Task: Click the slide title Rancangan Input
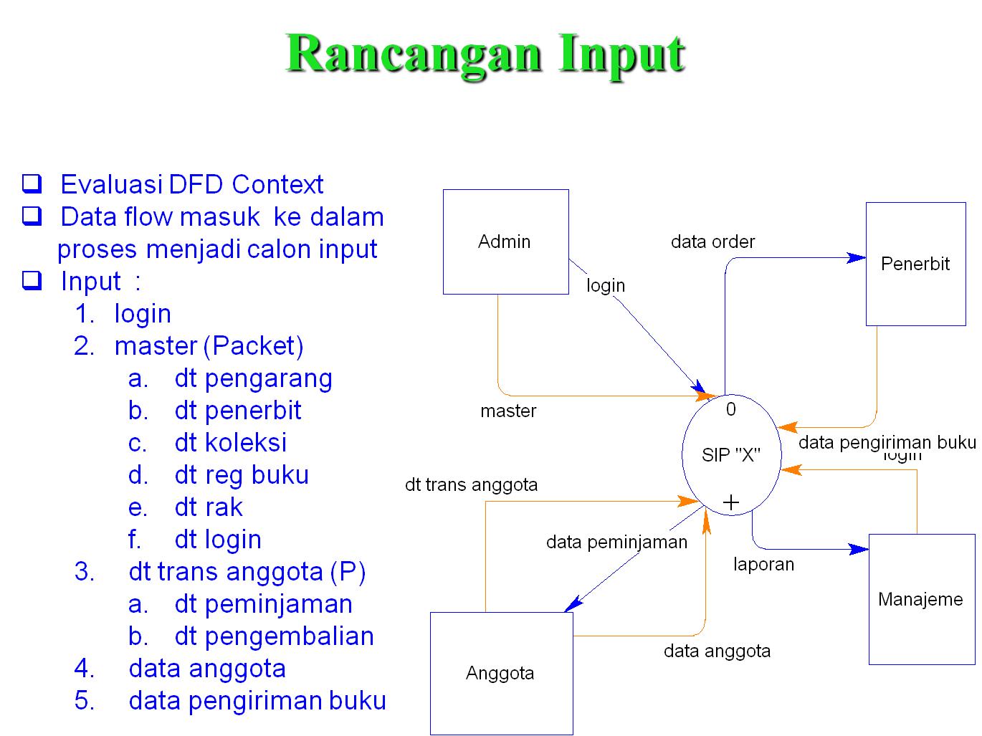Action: click(486, 54)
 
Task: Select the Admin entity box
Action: click(505, 242)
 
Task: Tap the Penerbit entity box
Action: click(915, 264)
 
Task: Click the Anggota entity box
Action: click(500, 673)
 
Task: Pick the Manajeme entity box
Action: click(921, 599)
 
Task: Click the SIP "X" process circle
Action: click(730, 454)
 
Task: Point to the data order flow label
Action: click(712, 242)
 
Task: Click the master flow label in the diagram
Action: click(508, 411)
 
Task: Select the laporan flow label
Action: click(763, 565)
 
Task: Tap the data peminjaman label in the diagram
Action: click(616, 542)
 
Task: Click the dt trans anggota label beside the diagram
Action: click(471, 485)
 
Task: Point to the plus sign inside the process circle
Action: click(731, 502)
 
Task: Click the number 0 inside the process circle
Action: click(730, 409)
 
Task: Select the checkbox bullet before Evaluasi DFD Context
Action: click(31, 184)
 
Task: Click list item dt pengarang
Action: click(253, 378)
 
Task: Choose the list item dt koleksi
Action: click(230, 443)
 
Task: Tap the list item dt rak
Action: click(209, 507)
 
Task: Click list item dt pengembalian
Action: click(274, 636)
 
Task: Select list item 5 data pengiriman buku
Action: click(257, 701)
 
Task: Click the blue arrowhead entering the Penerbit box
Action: click(857, 257)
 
